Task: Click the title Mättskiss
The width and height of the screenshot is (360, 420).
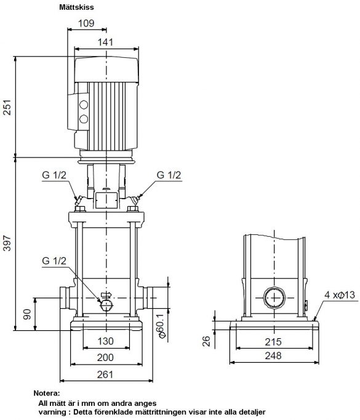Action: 76,7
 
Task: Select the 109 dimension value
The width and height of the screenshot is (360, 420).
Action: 86,23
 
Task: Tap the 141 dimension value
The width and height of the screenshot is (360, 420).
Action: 105,42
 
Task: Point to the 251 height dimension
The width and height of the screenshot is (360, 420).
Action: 7,107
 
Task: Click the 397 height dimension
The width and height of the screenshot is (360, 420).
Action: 7,244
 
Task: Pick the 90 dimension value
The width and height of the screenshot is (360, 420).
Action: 27,314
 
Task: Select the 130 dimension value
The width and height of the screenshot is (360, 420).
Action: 105,341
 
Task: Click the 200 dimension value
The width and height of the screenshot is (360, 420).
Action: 105,358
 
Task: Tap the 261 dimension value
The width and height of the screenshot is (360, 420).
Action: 105,374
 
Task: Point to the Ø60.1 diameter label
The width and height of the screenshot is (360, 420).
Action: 162,324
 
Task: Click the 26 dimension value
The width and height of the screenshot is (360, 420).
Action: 206,341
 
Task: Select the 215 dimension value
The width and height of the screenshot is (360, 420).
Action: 273,342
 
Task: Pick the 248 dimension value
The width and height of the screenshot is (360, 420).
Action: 273,355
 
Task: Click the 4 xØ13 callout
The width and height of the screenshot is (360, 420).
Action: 340,295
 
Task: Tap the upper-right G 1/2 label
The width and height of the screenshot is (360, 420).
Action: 169,175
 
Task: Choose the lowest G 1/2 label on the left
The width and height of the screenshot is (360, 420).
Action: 54,261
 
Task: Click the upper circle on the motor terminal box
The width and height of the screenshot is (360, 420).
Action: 84,105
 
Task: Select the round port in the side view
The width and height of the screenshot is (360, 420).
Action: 274,298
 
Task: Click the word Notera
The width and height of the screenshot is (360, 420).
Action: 46,393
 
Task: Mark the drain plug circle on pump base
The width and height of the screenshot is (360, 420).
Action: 106,305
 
